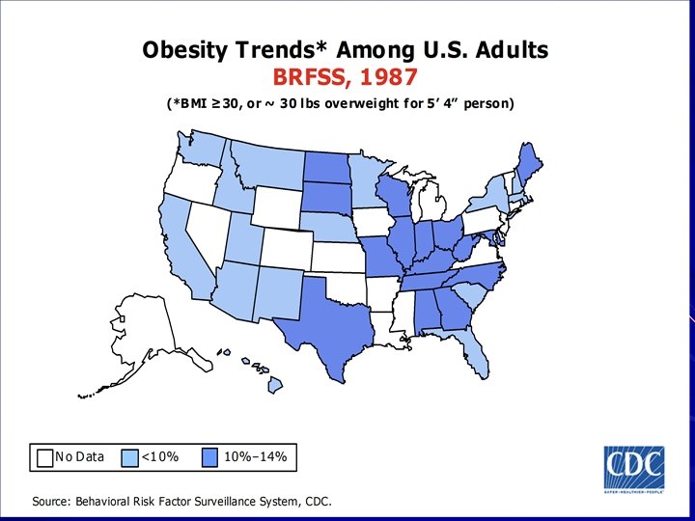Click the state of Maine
point(527,159)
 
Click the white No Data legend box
point(44,456)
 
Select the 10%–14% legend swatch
point(210,456)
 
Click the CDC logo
point(633,469)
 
